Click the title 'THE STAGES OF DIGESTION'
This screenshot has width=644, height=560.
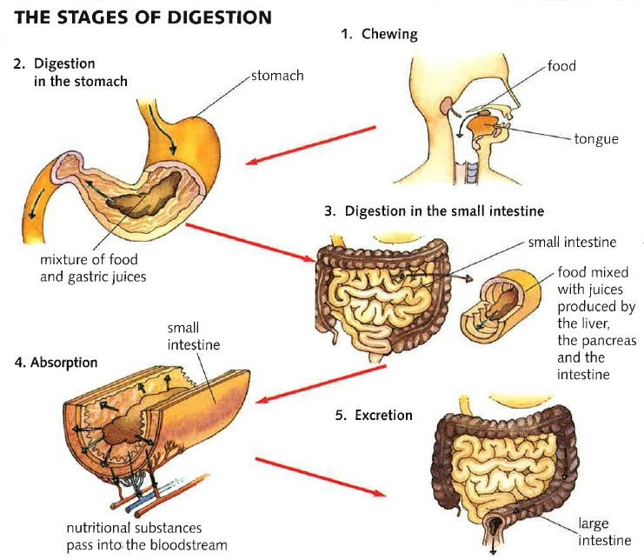[138, 17]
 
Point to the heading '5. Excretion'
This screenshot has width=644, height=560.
[373, 415]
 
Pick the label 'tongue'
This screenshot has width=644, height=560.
[595, 139]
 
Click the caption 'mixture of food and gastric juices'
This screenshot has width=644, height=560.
[89, 267]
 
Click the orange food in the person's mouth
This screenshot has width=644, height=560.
[481, 125]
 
